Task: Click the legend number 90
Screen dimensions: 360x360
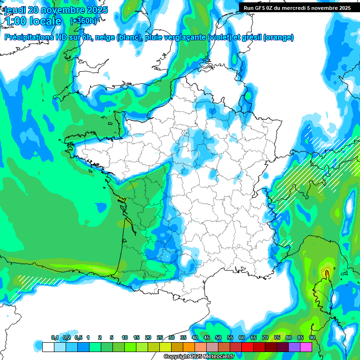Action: coord(312,338)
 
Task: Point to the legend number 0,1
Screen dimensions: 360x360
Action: coord(54,338)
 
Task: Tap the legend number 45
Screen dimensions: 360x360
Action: coord(207,338)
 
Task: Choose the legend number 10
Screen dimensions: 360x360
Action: coord(125,338)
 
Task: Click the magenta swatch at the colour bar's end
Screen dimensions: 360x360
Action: coord(306,347)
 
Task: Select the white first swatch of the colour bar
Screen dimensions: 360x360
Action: coord(48,347)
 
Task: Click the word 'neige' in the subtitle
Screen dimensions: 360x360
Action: coord(105,37)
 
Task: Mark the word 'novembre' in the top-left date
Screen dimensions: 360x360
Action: coord(61,10)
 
